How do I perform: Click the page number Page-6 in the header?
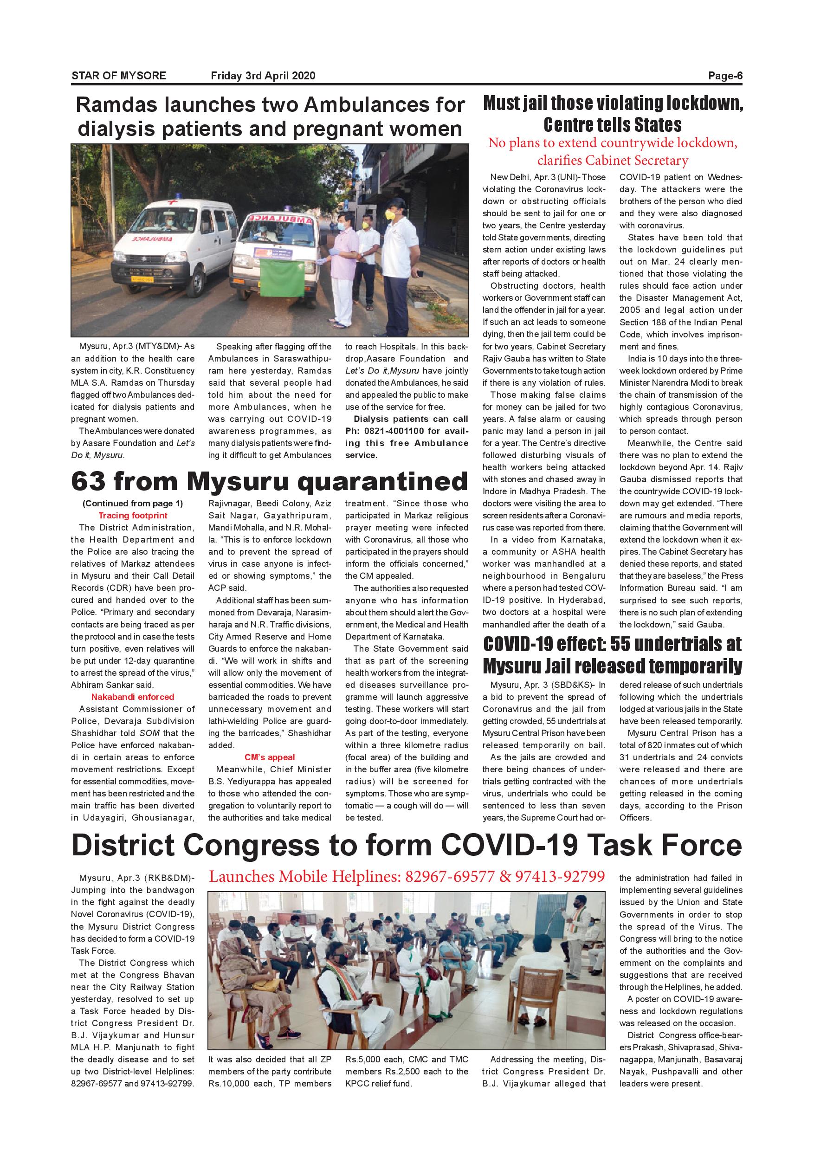(725, 76)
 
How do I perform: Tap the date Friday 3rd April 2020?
(263, 76)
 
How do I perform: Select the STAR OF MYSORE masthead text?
(119, 76)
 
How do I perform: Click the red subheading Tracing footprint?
(133, 515)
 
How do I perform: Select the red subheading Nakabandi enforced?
(133, 697)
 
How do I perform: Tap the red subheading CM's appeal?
(270, 757)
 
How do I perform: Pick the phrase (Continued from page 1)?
(133, 503)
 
